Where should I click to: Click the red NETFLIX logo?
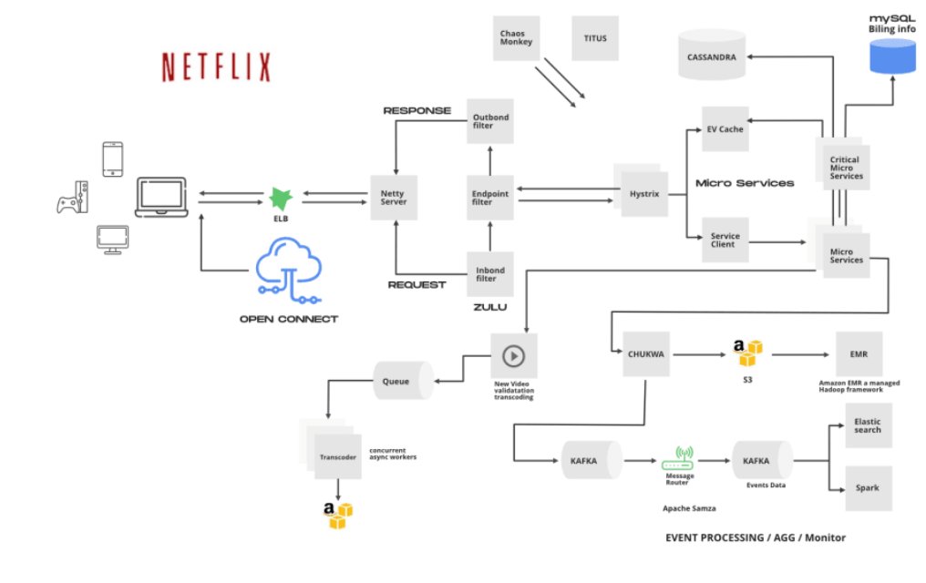tap(216, 66)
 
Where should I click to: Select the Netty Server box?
tap(394, 197)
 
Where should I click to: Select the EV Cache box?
tap(725, 128)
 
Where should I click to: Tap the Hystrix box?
tap(644, 193)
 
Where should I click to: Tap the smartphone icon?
tap(112, 159)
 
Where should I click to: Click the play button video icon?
tap(514, 354)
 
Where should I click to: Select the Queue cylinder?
tap(402, 379)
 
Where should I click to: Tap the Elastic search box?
tap(867, 424)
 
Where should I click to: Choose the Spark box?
tap(867, 487)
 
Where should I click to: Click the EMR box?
tap(859, 354)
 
